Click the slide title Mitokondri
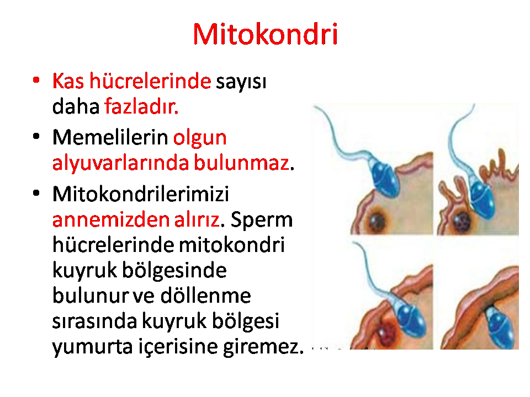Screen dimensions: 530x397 click(266, 34)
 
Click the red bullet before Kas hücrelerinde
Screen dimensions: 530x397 click(36, 81)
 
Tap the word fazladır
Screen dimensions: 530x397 click(141, 106)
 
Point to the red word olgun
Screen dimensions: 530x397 click(200, 138)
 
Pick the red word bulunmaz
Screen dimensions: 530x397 click(242, 162)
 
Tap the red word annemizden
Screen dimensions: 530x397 click(111, 220)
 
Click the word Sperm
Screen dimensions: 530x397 click(262, 221)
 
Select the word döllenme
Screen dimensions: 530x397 click(205, 296)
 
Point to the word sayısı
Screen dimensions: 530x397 click(241, 82)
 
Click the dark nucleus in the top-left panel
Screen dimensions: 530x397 click(377, 221)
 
